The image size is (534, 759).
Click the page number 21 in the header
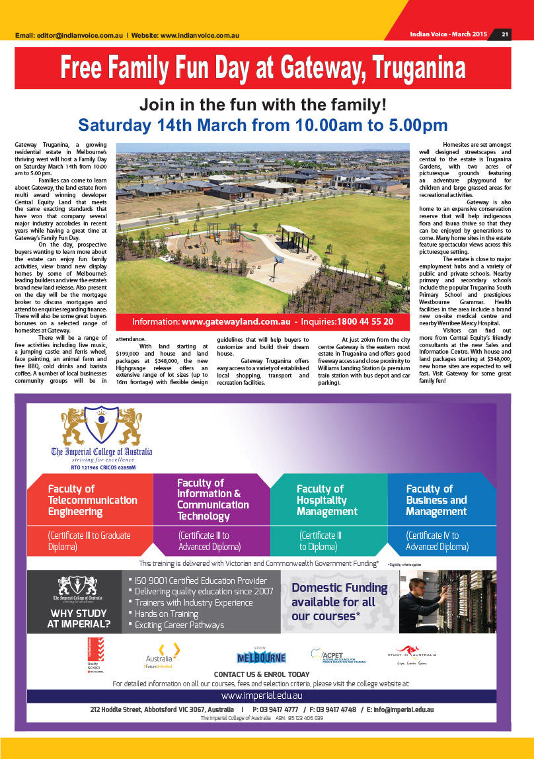[505, 34]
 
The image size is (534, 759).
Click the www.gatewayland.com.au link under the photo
[236, 321]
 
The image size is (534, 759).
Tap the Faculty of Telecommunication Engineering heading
[93, 500]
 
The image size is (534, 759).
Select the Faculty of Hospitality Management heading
[327, 500]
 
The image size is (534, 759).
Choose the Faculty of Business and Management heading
[436, 500]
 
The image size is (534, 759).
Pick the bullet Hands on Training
[166, 614]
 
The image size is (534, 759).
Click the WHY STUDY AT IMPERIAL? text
[79, 618]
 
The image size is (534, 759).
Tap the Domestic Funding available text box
[339, 602]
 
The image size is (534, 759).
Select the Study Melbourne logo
[261, 657]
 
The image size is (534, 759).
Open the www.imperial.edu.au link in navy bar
[261, 696]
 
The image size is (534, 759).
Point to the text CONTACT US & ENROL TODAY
[261, 674]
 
